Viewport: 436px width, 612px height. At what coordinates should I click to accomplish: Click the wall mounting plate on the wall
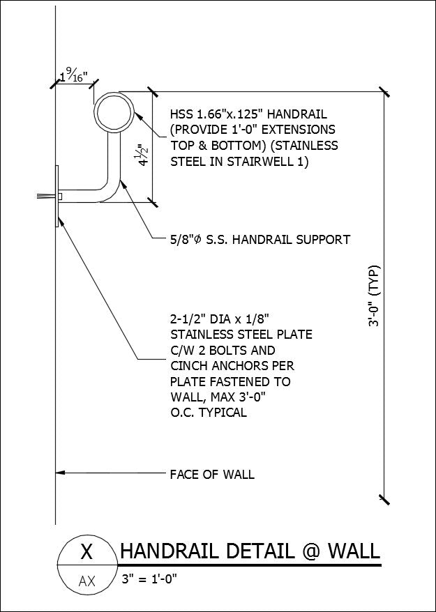coord(56,196)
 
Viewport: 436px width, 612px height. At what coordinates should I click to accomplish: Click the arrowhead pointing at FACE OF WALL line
coord(61,474)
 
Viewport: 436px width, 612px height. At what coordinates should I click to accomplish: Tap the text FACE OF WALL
coord(212,475)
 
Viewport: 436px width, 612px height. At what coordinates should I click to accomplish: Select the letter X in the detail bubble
coord(87,552)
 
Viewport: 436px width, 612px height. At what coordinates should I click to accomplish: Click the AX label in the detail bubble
coord(87,580)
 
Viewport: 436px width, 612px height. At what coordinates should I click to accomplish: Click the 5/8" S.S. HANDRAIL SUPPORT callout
coord(260,240)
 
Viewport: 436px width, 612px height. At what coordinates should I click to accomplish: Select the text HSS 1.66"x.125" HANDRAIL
coord(248,114)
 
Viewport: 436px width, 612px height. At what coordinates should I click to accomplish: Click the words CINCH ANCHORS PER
coord(232,366)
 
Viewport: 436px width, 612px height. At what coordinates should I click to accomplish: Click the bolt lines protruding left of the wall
coord(45,197)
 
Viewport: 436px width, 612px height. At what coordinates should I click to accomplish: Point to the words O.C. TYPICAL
coord(208,412)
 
